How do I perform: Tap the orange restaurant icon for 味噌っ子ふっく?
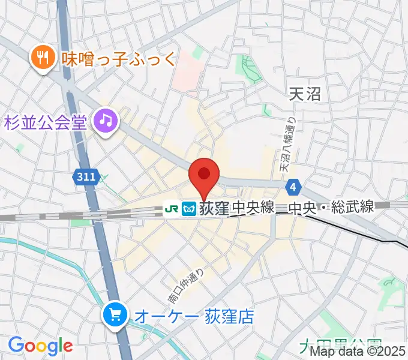point(41,58)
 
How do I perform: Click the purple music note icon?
point(106,122)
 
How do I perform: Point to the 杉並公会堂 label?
point(47,122)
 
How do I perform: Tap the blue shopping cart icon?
point(115,314)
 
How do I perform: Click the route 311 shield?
point(86,176)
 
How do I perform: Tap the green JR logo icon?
point(172,208)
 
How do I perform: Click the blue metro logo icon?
point(190,208)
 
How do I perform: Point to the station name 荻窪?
point(215,208)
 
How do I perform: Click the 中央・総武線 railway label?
point(331,208)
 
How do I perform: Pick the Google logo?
point(40,346)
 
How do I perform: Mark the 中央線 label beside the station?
point(253,208)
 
